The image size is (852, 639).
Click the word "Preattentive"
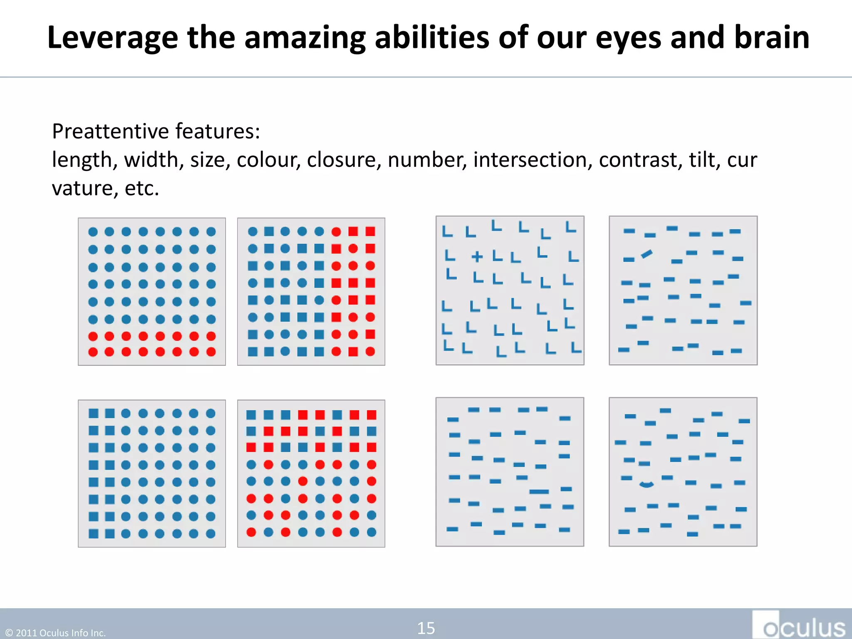point(110,131)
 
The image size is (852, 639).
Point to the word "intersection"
point(532,160)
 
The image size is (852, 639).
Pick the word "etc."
point(142,188)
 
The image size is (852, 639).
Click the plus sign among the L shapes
point(477,256)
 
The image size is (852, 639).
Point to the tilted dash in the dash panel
point(646,253)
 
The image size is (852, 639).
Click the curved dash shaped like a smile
point(646,484)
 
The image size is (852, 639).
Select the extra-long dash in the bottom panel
point(539,492)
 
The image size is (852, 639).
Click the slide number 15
point(426,628)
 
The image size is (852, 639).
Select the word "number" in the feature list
point(427,160)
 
